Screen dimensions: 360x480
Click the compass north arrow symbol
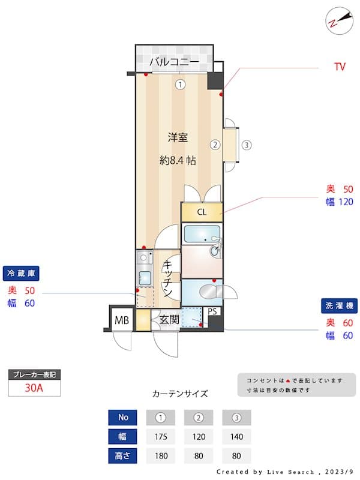[x=340, y=20]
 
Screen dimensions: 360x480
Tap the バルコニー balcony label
[x=174, y=62]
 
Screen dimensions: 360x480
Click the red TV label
[x=340, y=67]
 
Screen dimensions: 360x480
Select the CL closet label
[x=202, y=212]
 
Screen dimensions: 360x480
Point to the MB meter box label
[x=122, y=320]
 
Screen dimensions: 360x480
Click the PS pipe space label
[x=212, y=311]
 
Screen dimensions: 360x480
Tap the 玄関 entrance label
[x=169, y=320]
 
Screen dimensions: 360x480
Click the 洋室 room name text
[x=178, y=137]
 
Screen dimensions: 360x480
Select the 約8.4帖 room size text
[x=178, y=160]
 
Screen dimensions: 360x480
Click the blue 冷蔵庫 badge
[x=21, y=274]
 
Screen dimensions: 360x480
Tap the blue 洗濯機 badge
[x=339, y=305]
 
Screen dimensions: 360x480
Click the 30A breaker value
[x=34, y=388]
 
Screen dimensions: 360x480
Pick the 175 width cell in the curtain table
[x=161, y=437]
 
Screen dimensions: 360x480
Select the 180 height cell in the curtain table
[x=161, y=456]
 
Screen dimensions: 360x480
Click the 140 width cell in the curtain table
[x=236, y=437]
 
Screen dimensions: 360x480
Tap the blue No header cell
[x=123, y=417]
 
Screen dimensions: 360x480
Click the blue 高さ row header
[x=123, y=456]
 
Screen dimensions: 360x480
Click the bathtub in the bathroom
[x=202, y=234]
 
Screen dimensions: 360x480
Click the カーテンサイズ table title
[x=180, y=394]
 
